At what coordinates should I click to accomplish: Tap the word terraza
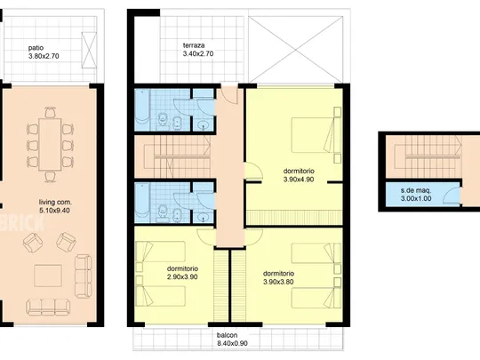[194, 45]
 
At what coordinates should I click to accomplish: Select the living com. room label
[55, 202]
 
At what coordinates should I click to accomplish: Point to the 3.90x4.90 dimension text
[299, 180]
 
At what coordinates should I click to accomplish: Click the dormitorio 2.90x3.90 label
[182, 273]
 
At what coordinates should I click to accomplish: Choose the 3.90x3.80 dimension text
[278, 282]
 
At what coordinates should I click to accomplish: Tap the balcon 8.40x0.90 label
[232, 340]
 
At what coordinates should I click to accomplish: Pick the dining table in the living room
[50, 144]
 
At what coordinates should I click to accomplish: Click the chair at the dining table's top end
[50, 112]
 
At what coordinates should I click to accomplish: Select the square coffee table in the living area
[48, 276]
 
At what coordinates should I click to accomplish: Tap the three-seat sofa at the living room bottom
[48, 308]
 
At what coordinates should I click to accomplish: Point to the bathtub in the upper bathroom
[142, 110]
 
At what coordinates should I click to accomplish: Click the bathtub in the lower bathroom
[142, 203]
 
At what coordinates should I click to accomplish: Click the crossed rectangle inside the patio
[89, 50]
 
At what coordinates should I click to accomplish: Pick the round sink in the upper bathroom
[203, 125]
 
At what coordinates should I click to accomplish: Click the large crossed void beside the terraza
[295, 50]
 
